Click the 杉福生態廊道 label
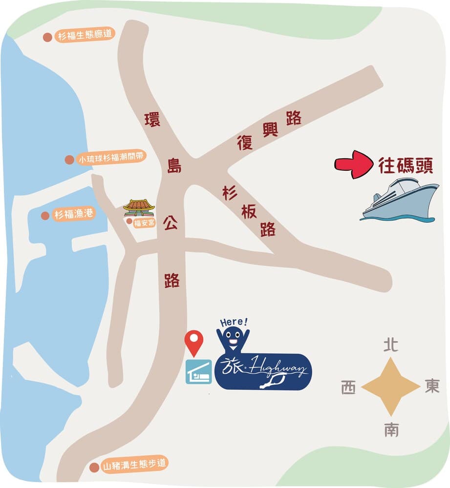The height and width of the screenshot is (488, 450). [x=85, y=36]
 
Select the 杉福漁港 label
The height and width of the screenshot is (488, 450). [x=74, y=215]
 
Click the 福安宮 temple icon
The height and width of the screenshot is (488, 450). [x=139, y=207]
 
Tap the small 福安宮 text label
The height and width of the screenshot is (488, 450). [x=144, y=222]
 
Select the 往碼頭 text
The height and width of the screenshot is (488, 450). [x=406, y=165]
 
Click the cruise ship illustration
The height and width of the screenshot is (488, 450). [x=399, y=200]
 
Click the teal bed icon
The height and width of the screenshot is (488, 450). [x=198, y=372]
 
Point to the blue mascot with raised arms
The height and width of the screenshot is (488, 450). [x=233, y=339]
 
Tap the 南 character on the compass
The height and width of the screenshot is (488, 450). [x=391, y=429]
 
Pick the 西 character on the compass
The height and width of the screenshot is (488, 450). [x=348, y=388]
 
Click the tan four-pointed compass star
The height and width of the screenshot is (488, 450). [x=391, y=387]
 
